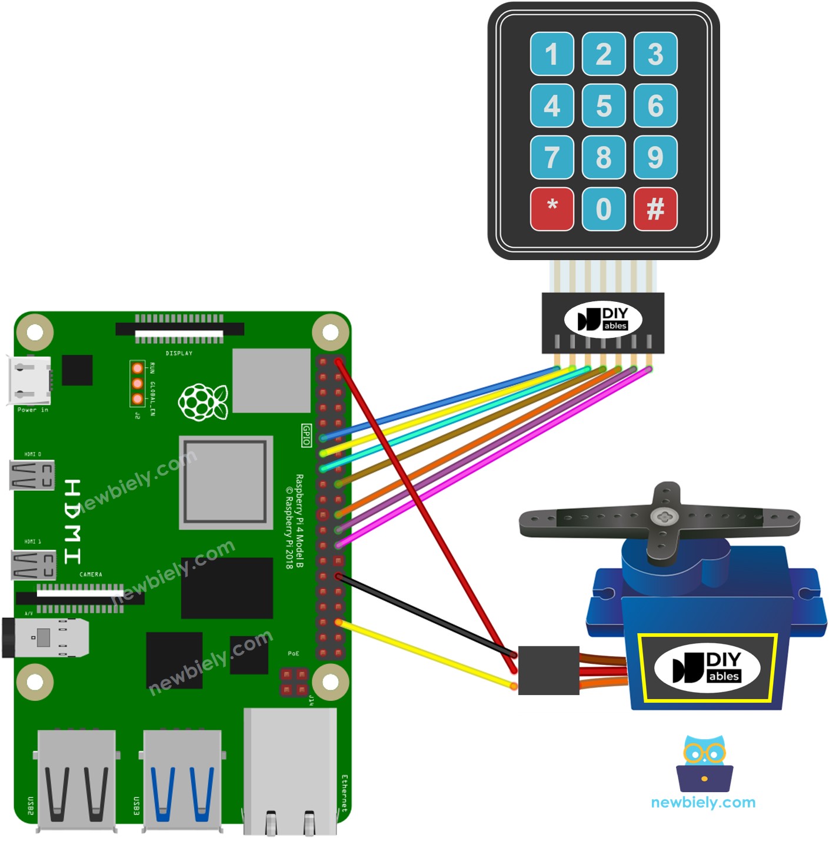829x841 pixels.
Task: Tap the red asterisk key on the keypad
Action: pos(552,209)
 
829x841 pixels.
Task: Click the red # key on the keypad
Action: pos(655,209)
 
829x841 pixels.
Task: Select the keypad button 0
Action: pos(604,209)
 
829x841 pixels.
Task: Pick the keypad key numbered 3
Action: pos(655,54)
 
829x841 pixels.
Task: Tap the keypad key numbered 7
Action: pos(552,158)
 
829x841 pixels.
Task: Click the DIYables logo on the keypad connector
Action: pos(603,319)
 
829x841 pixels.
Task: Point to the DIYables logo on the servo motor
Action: pos(707,668)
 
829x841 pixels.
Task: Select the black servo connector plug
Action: pos(548,670)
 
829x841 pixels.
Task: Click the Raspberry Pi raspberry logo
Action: pos(202,403)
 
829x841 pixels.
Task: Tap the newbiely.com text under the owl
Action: pos(703,803)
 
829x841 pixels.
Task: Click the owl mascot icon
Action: pos(704,763)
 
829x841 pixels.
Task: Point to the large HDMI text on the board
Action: pos(72,521)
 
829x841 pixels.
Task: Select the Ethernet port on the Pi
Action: pos(291,771)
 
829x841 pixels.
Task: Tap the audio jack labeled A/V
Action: pos(47,637)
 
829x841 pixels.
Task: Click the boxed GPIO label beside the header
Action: pos(306,435)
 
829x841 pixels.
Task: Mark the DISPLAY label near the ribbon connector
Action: pos(179,353)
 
